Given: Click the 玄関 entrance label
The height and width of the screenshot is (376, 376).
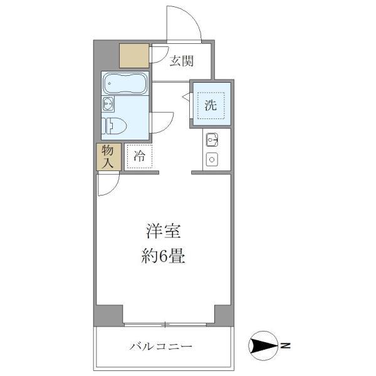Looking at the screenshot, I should tap(182, 61).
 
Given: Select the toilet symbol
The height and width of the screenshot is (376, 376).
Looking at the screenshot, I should tap(115, 126).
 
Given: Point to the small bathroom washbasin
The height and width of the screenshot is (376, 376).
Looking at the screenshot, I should tap(108, 103).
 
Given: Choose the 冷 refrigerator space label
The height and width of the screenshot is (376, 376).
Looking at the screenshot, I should tap(139, 157).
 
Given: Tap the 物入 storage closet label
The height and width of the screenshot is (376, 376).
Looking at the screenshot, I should tap(108, 157).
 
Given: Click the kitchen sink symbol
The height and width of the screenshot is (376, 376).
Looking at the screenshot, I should tap(211, 140).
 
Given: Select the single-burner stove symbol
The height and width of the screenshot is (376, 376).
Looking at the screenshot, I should tap(211, 160).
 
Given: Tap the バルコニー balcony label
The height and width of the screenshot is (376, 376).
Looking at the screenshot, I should tap(161, 347).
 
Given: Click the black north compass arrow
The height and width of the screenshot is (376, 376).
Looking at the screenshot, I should tap(264, 345).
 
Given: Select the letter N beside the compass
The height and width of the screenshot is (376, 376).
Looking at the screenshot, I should tap(285, 345).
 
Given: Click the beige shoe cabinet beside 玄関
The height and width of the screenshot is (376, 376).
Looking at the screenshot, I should tap(134, 55).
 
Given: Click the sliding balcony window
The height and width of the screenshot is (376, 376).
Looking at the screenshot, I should tap(164, 324).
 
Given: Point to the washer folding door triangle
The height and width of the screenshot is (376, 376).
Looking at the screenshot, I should tap(186, 97).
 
